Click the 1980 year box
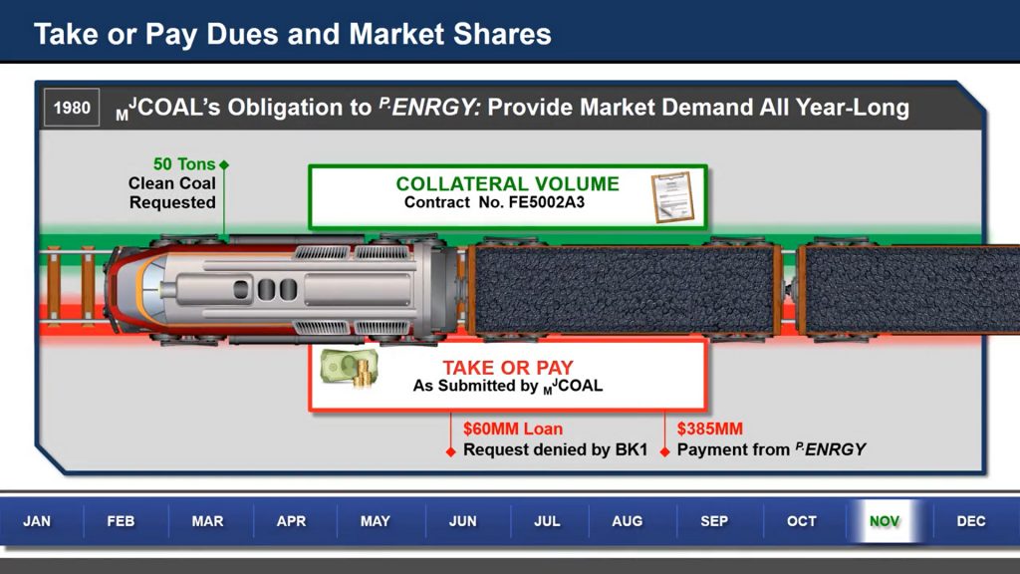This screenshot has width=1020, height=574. (72, 108)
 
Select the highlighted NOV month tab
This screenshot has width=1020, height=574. (885, 521)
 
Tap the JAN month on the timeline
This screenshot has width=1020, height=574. (37, 521)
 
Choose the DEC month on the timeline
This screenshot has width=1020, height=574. (970, 521)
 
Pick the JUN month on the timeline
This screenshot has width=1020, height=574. (462, 521)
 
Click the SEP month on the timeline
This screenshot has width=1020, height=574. (714, 521)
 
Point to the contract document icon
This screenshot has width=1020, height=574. (672, 197)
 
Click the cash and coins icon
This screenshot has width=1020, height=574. (350, 369)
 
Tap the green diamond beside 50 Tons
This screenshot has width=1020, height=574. (224, 164)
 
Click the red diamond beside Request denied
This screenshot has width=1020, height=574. (450, 451)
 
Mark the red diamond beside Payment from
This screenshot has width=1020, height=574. (664, 451)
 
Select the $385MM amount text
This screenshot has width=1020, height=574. (709, 429)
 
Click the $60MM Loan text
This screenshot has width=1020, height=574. (513, 429)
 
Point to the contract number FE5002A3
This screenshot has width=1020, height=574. (547, 202)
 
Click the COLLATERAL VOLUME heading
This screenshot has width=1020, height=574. (507, 184)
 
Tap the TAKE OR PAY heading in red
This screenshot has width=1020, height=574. (508, 368)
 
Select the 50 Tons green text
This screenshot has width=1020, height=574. (184, 164)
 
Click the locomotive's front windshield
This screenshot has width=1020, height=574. (149, 290)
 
